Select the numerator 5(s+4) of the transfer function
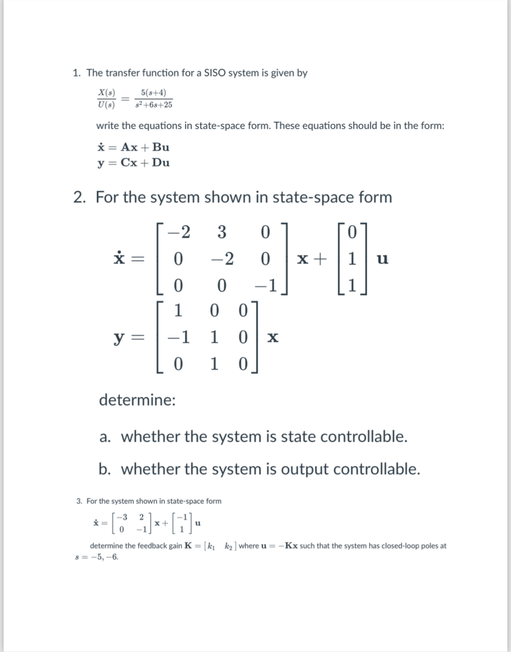click(153, 93)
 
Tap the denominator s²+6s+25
click(153, 105)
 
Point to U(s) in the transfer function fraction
click(106, 105)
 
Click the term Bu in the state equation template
click(161, 147)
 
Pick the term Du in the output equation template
click(161, 163)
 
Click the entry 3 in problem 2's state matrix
click(221, 233)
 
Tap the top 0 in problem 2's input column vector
click(352, 233)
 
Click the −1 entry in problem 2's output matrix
click(179, 337)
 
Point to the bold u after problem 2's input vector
click(383, 259)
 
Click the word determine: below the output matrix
click(137, 400)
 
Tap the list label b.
click(104, 469)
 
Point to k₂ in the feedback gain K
click(229, 546)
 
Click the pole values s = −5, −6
click(97, 557)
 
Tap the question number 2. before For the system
click(79, 197)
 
